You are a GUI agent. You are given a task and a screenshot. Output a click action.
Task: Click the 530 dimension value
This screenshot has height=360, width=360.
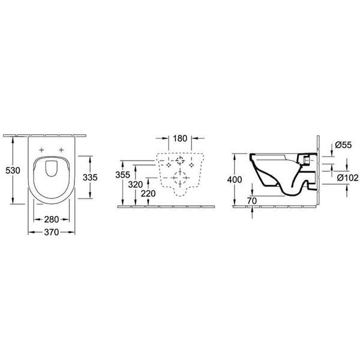(13, 170)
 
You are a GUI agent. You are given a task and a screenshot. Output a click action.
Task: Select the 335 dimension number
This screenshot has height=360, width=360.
(90, 177)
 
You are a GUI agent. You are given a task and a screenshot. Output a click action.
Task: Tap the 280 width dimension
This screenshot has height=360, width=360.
(52, 220)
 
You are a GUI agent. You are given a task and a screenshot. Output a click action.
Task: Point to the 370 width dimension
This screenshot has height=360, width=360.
(52, 232)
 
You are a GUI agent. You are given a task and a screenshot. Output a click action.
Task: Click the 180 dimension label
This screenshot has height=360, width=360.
(180, 139)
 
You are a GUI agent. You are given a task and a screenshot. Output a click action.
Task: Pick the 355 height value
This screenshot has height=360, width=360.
(122, 175)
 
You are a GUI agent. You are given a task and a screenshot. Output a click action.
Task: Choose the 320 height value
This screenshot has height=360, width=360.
(136, 184)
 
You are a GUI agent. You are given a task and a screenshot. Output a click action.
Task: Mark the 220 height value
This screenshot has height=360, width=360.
(148, 194)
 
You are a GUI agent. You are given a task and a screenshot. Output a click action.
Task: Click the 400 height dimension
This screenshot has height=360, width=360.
(235, 179)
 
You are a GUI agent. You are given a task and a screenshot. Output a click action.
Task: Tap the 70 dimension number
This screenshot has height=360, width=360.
(252, 200)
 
